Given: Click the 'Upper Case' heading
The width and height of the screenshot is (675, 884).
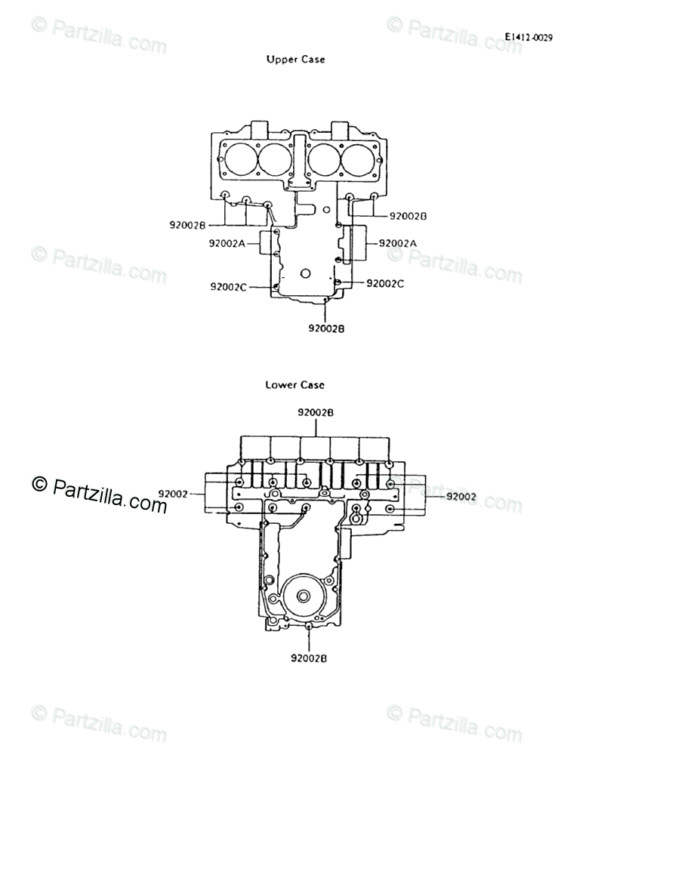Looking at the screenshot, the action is click(x=295, y=59).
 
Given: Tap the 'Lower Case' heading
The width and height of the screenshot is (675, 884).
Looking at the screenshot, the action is click(x=294, y=385).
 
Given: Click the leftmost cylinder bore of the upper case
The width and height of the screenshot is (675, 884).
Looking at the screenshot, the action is click(x=238, y=159).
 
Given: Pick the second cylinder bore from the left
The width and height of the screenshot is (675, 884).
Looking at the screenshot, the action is click(x=274, y=159).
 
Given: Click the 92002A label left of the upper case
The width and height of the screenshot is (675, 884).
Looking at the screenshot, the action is click(x=227, y=243).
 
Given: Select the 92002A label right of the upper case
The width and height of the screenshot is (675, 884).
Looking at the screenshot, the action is click(x=398, y=243).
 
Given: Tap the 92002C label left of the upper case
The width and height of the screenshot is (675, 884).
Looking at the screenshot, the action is click(x=229, y=287).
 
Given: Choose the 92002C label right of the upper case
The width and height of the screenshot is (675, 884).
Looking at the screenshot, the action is click(x=385, y=284).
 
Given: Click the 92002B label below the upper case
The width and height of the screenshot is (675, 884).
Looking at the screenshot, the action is click(x=327, y=328).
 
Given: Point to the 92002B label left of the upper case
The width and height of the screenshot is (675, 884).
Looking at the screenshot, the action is click(x=188, y=224).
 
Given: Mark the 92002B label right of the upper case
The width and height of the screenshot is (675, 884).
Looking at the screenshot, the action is click(x=408, y=216).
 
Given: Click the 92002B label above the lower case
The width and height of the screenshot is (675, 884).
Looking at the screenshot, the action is click(x=316, y=413).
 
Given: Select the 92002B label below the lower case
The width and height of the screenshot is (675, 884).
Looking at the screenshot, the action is click(x=309, y=658).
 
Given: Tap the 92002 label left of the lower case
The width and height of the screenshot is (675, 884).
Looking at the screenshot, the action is click(x=173, y=494).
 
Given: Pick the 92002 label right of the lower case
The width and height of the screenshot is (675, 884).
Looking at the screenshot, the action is click(x=461, y=497).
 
